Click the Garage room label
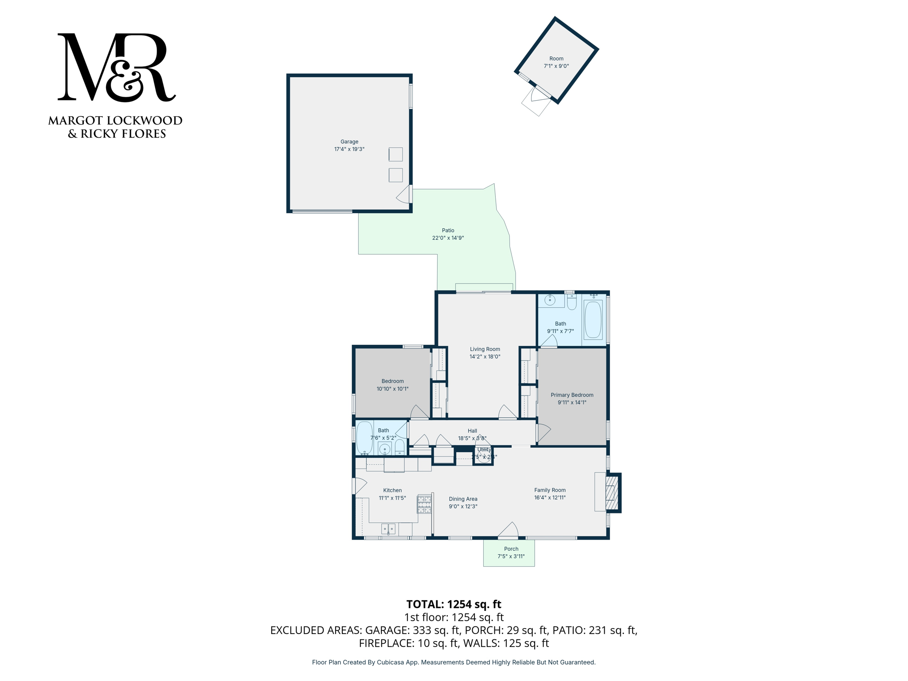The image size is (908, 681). pos(349,142)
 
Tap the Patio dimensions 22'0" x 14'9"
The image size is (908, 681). pos(448,238)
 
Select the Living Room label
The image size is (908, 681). pos(485,349)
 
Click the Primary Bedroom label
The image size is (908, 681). pos(572,395)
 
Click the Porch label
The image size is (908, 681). pos(511,549)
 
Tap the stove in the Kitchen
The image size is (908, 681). pos(424,505)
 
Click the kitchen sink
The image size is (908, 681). pos(388,529)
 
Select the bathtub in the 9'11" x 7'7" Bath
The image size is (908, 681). pos(593,320)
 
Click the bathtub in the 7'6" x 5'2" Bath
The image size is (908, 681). pos(364,437)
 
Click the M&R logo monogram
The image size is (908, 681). pos(116,67)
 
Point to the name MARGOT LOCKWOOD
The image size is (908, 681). pos(115,121)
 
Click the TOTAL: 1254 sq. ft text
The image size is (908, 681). pos(454,604)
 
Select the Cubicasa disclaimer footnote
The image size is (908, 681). pos(454,662)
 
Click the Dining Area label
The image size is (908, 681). pos(463,499)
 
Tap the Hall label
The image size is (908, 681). pos(472,431)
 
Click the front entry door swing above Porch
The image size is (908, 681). pos(509,530)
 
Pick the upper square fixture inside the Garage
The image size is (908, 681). pos(395,154)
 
